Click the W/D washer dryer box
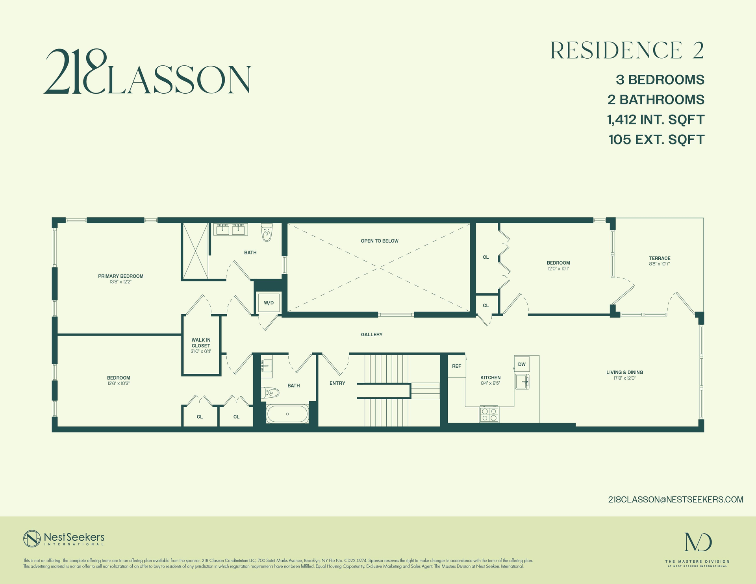pyautogui.click(x=269, y=302)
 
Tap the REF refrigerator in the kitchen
pyautogui.click(x=456, y=366)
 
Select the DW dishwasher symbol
pyautogui.click(x=522, y=364)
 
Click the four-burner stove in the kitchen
pyautogui.click(x=489, y=415)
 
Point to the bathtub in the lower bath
pyautogui.click(x=287, y=414)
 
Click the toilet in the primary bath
pyautogui.click(x=267, y=232)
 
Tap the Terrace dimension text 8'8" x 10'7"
pyautogui.click(x=660, y=264)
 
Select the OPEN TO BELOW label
pyautogui.click(x=380, y=241)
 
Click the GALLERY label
pyautogui.click(x=372, y=335)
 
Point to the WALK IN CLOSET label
pyautogui.click(x=201, y=343)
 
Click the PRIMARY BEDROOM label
pyautogui.click(x=120, y=276)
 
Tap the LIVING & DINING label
pyautogui.click(x=624, y=373)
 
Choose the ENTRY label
pyautogui.click(x=337, y=383)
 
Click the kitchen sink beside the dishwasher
pyautogui.click(x=522, y=382)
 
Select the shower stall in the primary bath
pyautogui.click(x=195, y=251)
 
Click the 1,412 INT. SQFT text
pyautogui.click(x=656, y=120)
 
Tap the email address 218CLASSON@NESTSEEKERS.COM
pyautogui.click(x=676, y=499)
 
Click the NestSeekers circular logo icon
pyautogui.click(x=32, y=539)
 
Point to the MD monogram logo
pyautogui.click(x=698, y=542)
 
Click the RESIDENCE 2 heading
pyautogui.click(x=627, y=50)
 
